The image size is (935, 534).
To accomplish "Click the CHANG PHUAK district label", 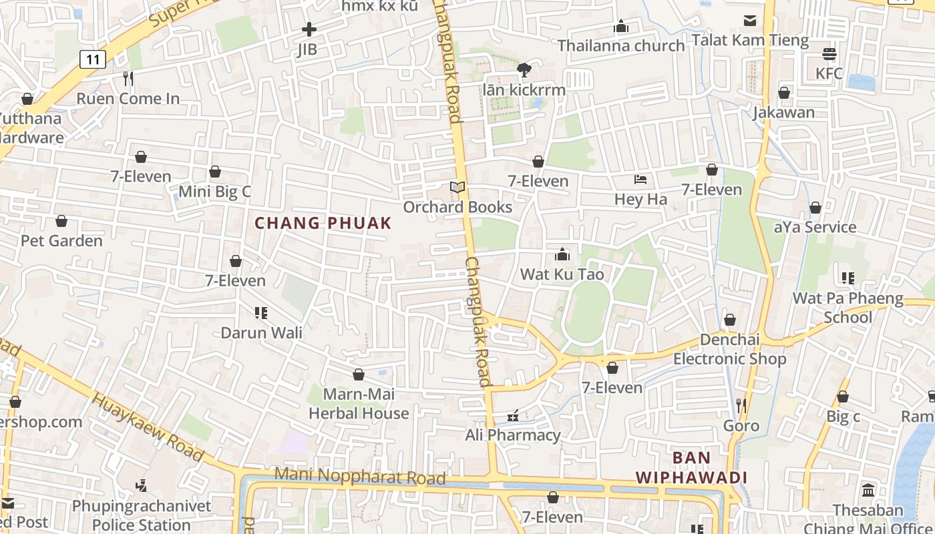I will tap(323, 223).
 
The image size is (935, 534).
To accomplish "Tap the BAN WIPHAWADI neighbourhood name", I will tap(691, 468).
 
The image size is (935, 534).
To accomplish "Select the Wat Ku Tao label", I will tap(562, 274).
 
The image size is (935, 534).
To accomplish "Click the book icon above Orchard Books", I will tap(457, 188).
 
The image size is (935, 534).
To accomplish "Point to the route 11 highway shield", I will tap(92, 59).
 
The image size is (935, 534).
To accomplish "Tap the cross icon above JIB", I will tap(309, 29).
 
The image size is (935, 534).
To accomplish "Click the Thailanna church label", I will tap(621, 45).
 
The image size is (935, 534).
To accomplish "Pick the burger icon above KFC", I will tap(829, 54).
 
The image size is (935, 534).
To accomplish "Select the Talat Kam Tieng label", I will tap(750, 40).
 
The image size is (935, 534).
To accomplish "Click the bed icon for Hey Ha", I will tap(640, 180).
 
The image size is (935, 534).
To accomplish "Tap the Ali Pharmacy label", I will tap(513, 435).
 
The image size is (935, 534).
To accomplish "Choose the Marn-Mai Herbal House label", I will tap(359, 404).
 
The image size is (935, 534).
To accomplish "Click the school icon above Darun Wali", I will tap(261, 312).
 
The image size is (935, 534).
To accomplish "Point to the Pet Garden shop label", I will tap(61, 240).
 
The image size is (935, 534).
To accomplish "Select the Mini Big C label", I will tap(214, 192).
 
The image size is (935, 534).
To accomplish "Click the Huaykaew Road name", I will tap(147, 427).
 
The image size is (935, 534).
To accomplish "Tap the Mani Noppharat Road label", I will tap(360, 477).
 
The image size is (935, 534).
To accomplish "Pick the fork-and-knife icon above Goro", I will tap(741, 405).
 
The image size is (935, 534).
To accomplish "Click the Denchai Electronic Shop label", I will tap(729, 349).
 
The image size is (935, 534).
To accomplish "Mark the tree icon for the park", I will tap(524, 69).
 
